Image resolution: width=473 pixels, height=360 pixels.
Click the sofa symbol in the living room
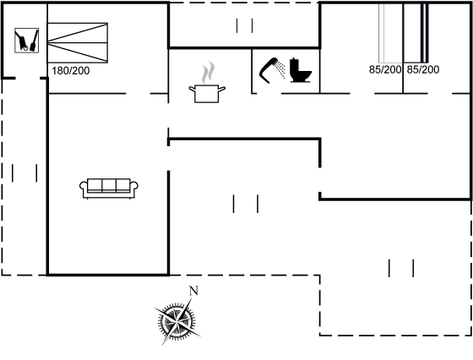[x=109, y=188]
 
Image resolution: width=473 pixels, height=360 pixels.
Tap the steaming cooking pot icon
[x=207, y=82]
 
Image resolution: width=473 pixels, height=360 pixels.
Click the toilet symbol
[x=300, y=70]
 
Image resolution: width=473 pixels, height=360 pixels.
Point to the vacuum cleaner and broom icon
[x=26, y=40]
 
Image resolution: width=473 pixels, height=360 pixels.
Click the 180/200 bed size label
[x=71, y=71]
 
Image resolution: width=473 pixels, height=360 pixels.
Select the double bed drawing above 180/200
[x=78, y=42]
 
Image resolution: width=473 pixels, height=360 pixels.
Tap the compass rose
[x=177, y=321]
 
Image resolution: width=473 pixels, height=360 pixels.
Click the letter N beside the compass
[x=193, y=291]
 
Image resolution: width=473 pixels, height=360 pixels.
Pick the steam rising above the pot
[x=209, y=73]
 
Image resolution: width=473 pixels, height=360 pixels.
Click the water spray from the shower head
[x=280, y=69]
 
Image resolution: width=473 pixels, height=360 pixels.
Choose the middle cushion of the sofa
[x=109, y=185]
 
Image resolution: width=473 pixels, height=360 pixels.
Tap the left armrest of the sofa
[x=84, y=186]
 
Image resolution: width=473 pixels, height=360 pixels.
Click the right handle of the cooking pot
[x=221, y=89]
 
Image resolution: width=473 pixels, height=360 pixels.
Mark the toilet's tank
[x=294, y=64]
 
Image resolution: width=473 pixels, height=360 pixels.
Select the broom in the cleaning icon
[x=34, y=41]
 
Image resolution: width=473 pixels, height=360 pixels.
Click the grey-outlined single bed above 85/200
[x=391, y=33]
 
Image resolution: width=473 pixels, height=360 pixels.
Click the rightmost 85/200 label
[x=423, y=69]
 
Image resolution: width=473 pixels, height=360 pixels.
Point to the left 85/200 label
[x=385, y=69]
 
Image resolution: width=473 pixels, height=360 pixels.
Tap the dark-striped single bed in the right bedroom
[x=416, y=33]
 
